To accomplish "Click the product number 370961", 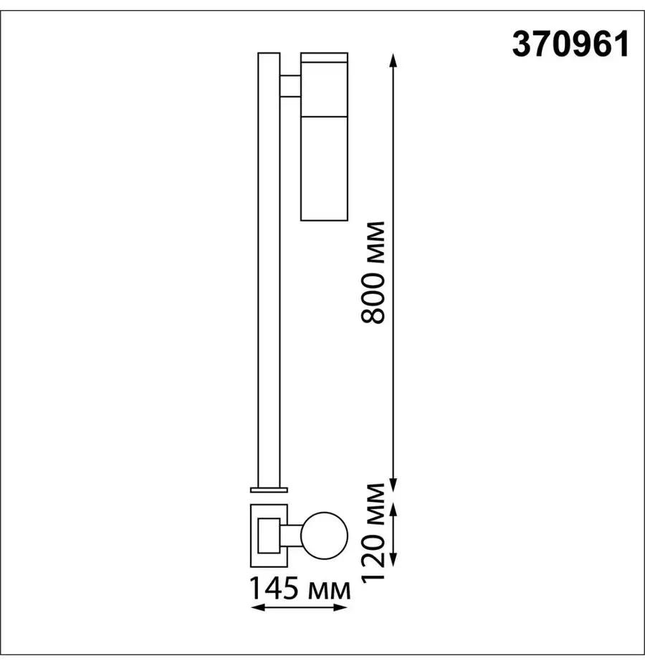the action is point(570,44).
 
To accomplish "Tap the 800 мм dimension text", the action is point(373,272).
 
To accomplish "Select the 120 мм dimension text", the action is point(373,532).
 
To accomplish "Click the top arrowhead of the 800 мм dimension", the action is point(393,60).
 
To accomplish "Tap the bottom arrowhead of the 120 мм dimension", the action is point(393,560).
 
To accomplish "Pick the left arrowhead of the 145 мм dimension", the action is point(258,608).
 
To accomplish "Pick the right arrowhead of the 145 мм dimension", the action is point(341,608).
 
